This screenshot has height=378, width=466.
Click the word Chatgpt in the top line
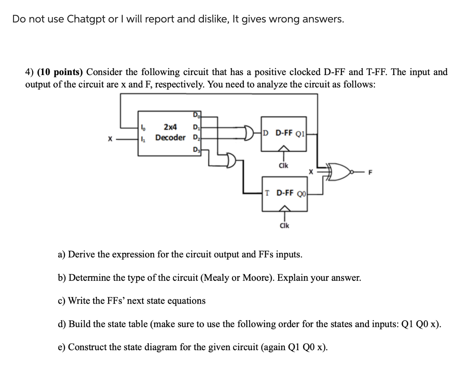pyautogui.click(x=85, y=19)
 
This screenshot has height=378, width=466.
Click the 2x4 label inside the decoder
pyautogui.click(x=170, y=127)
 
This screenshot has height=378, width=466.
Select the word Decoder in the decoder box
pyautogui.click(x=170, y=137)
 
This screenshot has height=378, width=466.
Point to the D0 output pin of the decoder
pyautogui.click(x=195, y=116)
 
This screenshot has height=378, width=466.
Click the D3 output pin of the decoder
pyautogui.click(x=195, y=149)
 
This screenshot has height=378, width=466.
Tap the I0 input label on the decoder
pyautogui.click(x=142, y=127)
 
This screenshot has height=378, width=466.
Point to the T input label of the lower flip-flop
pyautogui.click(x=267, y=193)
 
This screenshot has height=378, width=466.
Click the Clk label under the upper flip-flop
pyautogui.click(x=284, y=166)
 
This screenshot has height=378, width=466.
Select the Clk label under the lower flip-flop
pyautogui.click(x=284, y=226)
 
